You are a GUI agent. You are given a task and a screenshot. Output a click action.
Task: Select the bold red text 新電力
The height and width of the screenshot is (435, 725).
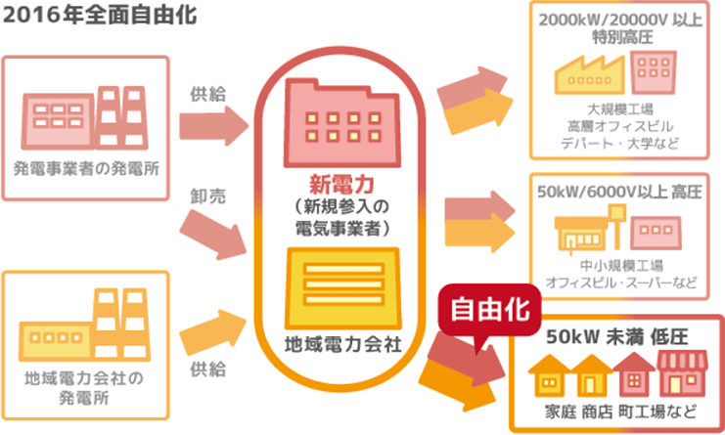(336, 186)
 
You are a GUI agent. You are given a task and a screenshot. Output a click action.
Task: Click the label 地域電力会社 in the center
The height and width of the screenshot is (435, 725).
(336, 346)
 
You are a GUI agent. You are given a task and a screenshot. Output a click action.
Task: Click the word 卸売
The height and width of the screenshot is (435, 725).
(208, 196)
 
